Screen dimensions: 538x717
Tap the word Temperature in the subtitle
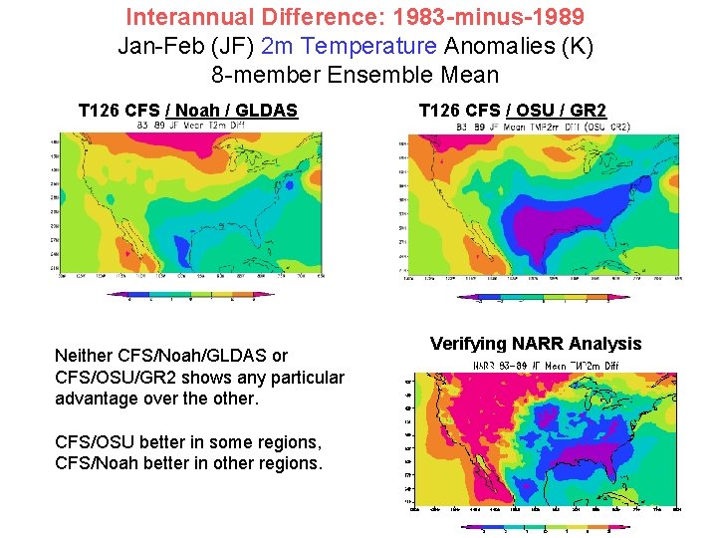(x=376, y=46)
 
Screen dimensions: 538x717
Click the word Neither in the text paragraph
(x=84, y=356)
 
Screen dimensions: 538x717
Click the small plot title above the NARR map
(x=545, y=366)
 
